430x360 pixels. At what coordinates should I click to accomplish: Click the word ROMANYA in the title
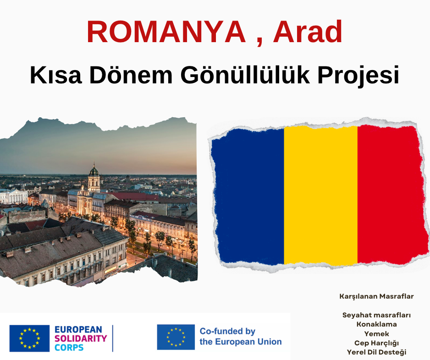click(x=166, y=32)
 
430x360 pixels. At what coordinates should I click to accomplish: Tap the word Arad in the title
click(x=308, y=32)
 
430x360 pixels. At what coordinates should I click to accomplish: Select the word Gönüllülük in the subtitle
click(x=245, y=75)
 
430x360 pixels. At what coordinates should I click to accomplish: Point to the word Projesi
click(x=358, y=75)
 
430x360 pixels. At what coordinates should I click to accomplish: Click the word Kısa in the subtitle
click(x=56, y=75)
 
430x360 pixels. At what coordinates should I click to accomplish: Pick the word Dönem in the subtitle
click(x=131, y=75)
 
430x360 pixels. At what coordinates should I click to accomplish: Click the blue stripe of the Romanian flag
click(x=248, y=196)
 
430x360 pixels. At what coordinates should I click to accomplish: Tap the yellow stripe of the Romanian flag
click(x=320, y=195)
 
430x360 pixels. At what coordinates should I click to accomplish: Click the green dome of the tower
click(x=94, y=171)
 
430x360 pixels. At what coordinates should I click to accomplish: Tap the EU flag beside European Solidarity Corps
click(x=29, y=338)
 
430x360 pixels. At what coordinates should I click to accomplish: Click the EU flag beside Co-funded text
click(x=176, y=337)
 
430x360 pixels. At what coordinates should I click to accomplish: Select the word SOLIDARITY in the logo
click(x=81, y=338)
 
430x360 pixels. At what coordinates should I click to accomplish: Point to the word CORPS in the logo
click(x=69, y=348)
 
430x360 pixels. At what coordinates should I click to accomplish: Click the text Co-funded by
click(x=227, y=332)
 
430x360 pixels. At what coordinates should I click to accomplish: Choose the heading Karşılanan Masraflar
click(x=376, y=296)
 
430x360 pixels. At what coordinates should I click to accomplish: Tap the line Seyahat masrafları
click(x=376, y=315)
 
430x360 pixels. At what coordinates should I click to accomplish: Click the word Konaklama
click(x=376, y=324)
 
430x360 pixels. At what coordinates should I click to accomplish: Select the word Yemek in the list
click(x=376, y=334)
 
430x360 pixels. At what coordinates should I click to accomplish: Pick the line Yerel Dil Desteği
click(x=376, y=352)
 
